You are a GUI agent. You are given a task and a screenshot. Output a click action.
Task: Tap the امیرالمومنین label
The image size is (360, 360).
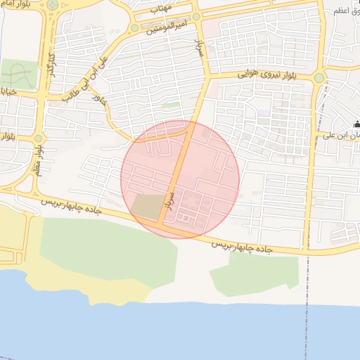[169, 26]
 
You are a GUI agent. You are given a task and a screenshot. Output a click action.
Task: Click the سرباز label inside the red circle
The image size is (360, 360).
[169, 200]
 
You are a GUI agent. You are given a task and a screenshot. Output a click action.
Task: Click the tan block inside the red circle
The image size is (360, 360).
[147, 205]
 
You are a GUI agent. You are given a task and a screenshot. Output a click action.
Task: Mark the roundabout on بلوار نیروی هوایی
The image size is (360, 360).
[319, 77]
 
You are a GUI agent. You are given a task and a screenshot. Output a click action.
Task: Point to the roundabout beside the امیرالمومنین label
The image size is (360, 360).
[134, 27]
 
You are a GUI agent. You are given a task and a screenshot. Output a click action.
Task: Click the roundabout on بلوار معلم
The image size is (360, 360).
[38, 138]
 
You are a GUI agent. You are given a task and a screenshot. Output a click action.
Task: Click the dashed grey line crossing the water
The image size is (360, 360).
[307, 330]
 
